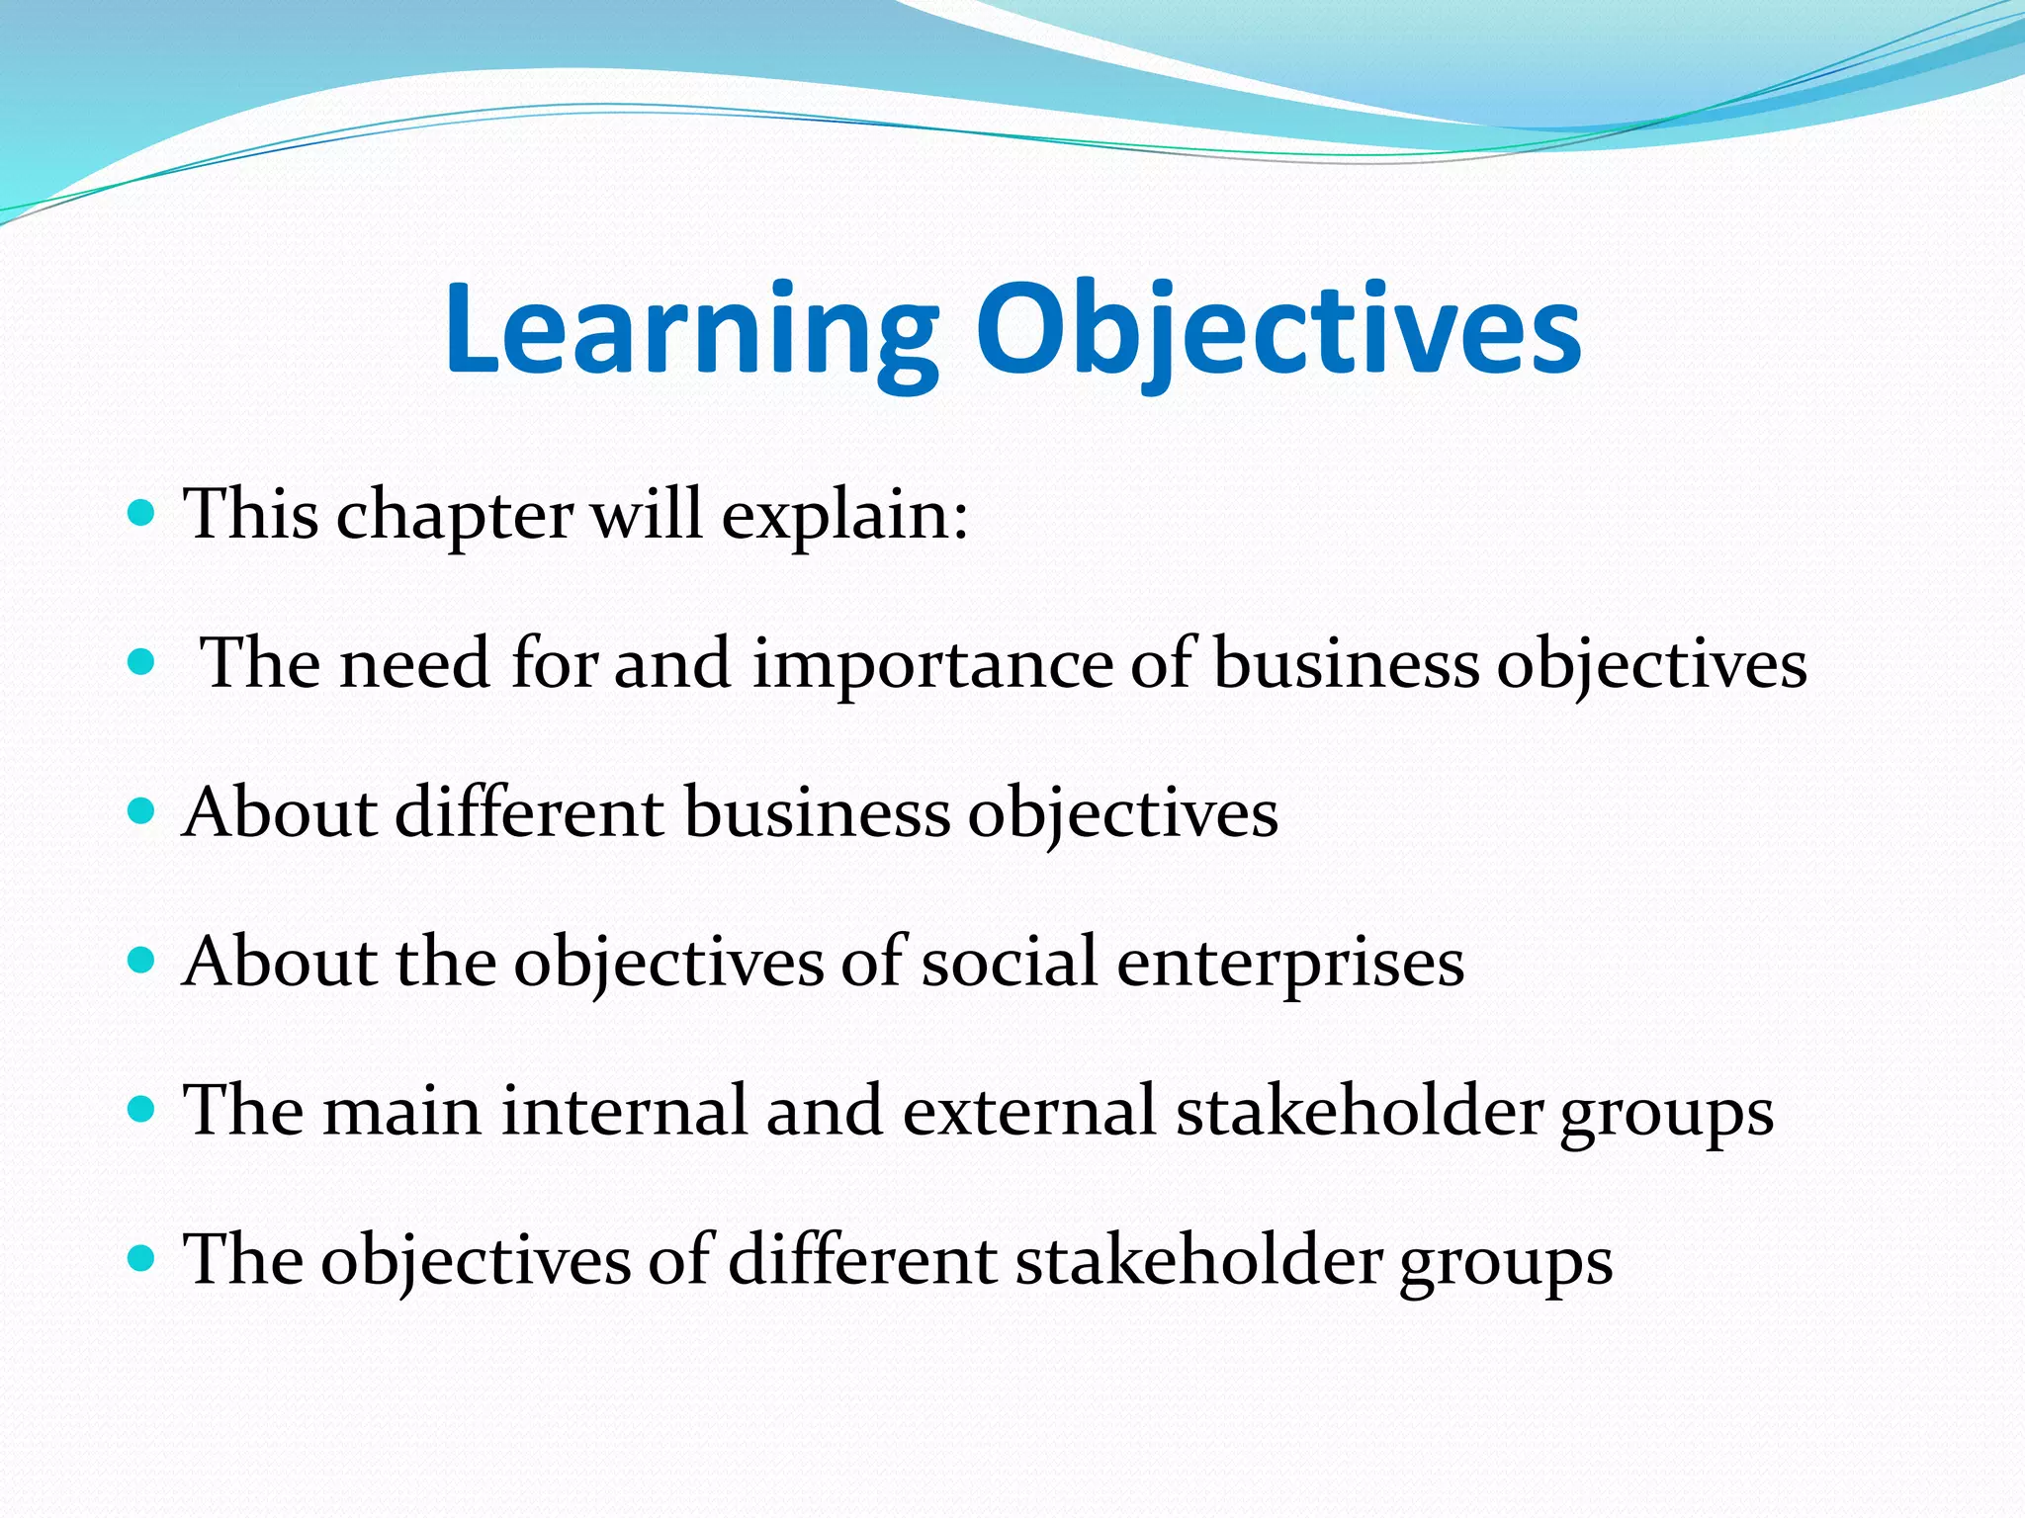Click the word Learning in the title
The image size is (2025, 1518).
click(x=690, y=330)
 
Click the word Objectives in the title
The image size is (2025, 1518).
click(x=1277, y=330)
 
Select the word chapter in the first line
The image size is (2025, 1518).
click(x=454, y=516)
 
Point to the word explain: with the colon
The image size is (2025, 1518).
click(x=844, y=516)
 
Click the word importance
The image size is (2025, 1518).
click(x=932, y=663)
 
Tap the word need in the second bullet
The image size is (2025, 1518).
click(x=414, y=663)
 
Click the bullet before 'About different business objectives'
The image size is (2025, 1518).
click(x=142, y=811)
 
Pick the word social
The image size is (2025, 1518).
click(x=1009, y=962)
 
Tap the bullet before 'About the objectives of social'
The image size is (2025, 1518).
click(x=142, y=960)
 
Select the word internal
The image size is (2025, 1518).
click(x=623, y=1110)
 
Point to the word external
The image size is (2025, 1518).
click(x=1028, y=1110)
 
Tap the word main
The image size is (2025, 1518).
click(x=401, y=1110)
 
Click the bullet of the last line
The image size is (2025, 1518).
click(x=142, y=1258)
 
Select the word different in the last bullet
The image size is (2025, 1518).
click(x=862, y=1260)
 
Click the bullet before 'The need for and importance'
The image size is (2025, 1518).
click(x=142, y=661)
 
